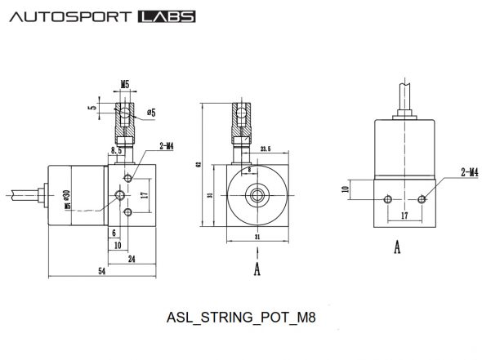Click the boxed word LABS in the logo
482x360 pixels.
point(167,16)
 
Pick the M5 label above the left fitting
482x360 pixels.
point(125,84)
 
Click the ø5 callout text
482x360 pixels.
point(151,112)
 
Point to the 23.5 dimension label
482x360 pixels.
point(264,149)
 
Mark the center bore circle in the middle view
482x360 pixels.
point(257,195)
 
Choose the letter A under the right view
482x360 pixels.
point(396,247)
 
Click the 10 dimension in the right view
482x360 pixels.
point(345,189)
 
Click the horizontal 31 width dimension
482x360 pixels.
point(257,237)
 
